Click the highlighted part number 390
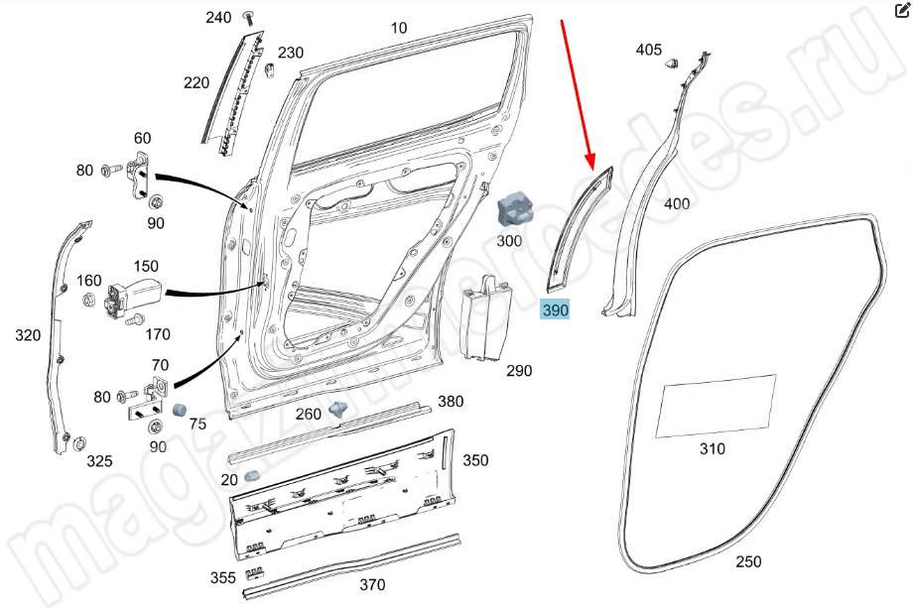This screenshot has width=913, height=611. pyautogui.click(x=556, y=310)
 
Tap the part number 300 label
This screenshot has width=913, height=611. pyautogui.click(x=509, y=240)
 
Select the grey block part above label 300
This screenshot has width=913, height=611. pyautogui.click(x=514, y=208)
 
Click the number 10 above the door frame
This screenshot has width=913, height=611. pyautogui.click(x=399, y=29)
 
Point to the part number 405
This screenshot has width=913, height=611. pyautogui.click(x=648, y=49)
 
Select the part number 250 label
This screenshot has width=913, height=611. pyautogui.click(x=749, y=561)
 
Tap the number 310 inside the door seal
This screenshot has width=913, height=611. pyautogui.click(x=712, y=448)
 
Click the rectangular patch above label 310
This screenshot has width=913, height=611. pyautogui.click(x=716, y=406)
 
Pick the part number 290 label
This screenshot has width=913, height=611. pyautogui.click(x=519, y=371)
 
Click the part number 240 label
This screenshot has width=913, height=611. pyautogui.click(x=218, y=18)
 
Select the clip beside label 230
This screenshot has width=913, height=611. pyautogui.click(x=270, y=68)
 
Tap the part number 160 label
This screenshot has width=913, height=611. pyautogui.click(x=89, y=280)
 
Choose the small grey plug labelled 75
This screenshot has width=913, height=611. pyautogui.click(x=181, y=410)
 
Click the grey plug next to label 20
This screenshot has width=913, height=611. pyautogui.click(x=252, y=477)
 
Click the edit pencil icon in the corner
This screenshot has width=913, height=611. pyautogui.click(x=901, y=11)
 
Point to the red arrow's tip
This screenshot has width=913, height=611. pyautogui.click(x=591, y=165)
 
